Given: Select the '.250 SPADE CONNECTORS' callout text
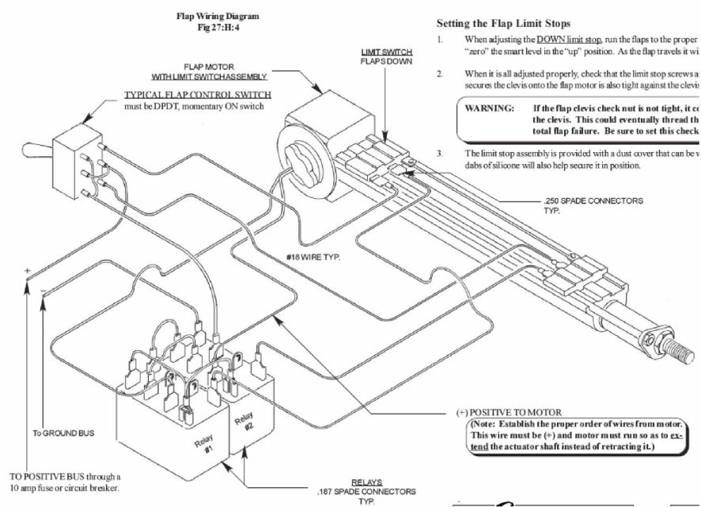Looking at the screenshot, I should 583,200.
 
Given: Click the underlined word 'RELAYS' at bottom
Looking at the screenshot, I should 366,481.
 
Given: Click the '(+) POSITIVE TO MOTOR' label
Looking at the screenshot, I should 510,413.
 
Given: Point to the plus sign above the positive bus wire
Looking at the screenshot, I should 28,271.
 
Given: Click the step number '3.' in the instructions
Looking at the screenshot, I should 439,153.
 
